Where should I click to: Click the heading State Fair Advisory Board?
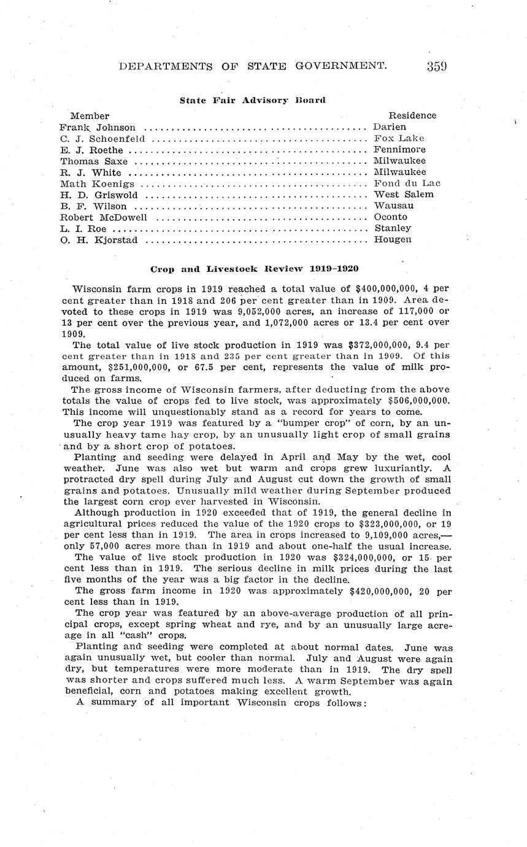tap(252, 100)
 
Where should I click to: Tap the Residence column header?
tap(412, 115)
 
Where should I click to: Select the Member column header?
tap(90, 115)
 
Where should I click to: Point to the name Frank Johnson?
tap(98, 127)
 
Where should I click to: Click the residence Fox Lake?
tap(399, 139)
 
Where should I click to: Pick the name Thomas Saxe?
tap(94, 161)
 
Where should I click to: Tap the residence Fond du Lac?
tap(407, 184)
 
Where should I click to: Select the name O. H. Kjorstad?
tap(99, 240)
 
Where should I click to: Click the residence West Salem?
tap(403, 195)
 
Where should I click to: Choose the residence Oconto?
tap(391, 217)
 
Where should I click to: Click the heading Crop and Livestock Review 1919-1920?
tap(255, 269)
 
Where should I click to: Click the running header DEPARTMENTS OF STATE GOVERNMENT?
tap(252, 66)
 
